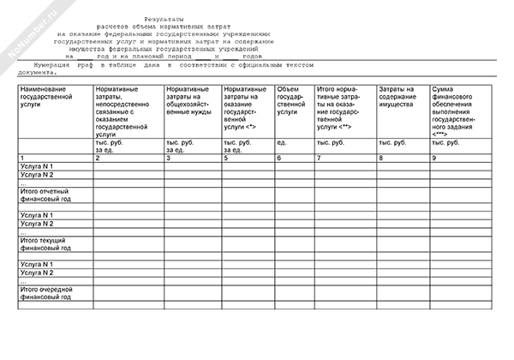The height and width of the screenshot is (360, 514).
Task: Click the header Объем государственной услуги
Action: point(294,100)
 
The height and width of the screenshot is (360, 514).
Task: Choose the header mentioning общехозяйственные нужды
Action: point(191,100)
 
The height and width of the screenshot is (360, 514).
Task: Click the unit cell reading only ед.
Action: point(282,141)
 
